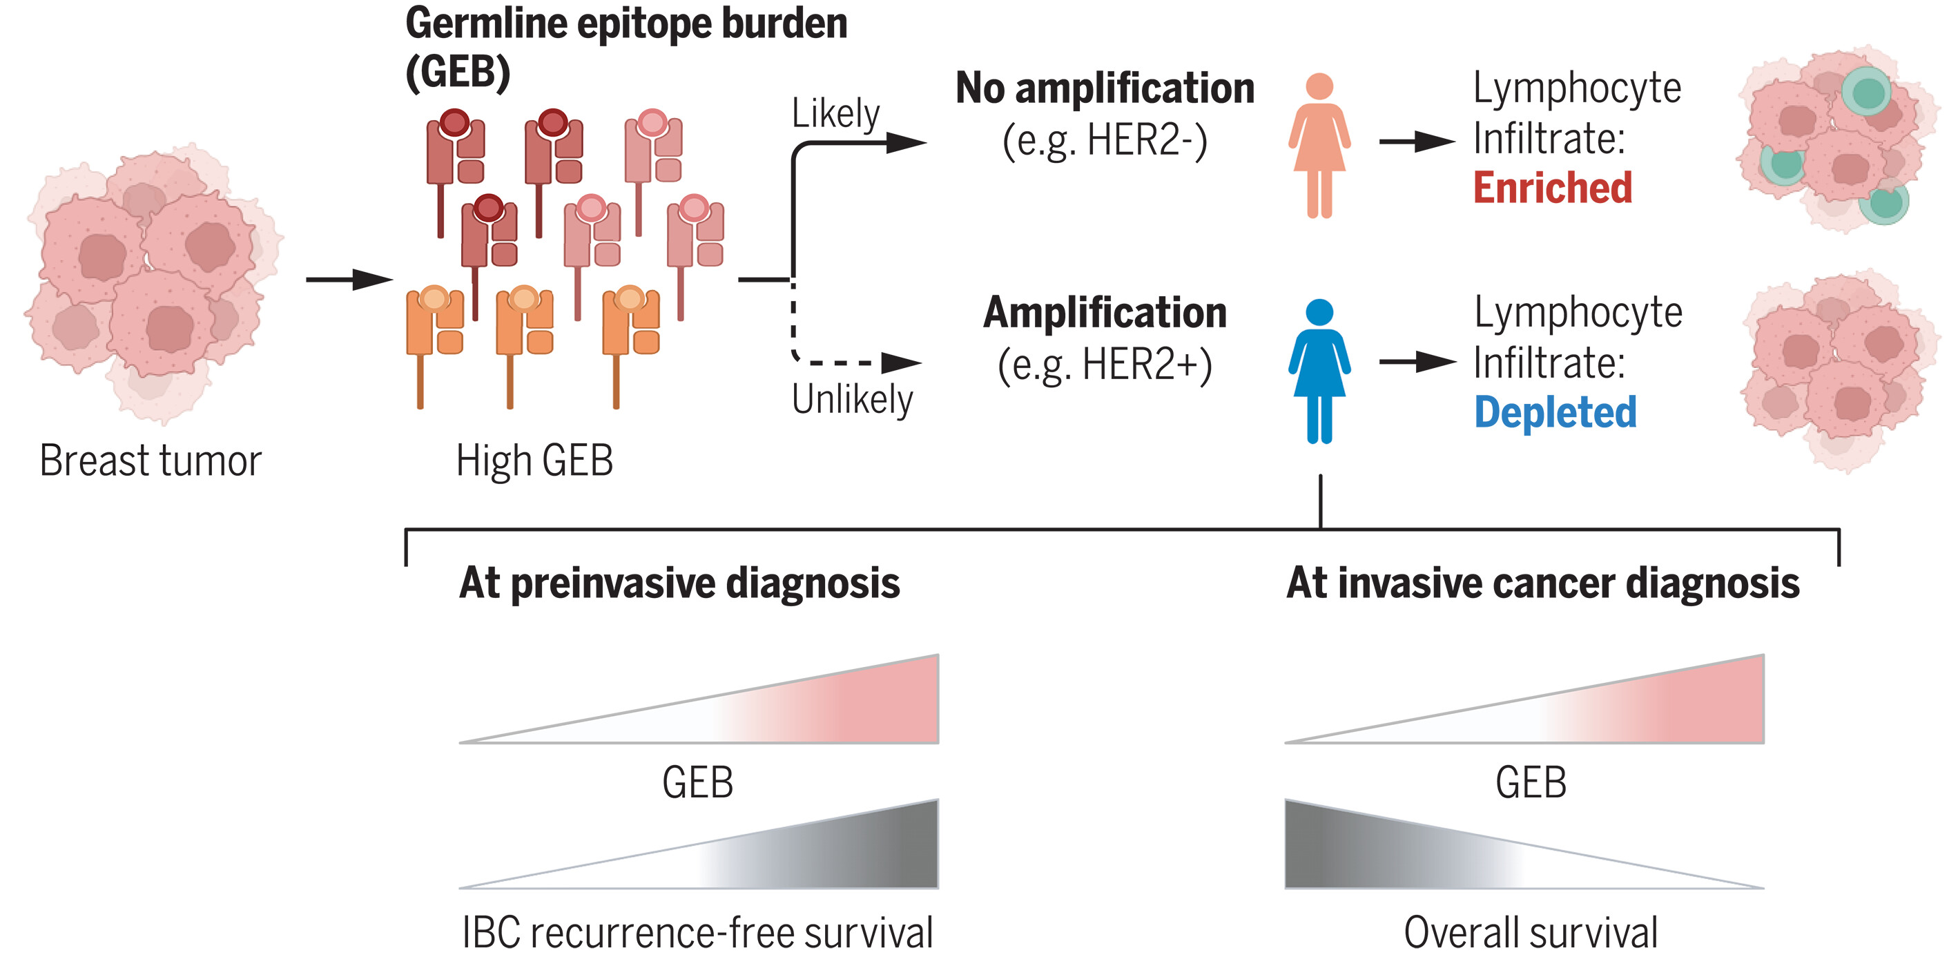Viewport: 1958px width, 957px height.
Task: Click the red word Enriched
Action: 1552,187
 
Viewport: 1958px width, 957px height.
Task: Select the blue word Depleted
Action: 1555,413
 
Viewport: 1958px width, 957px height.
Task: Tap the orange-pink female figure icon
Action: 1319,144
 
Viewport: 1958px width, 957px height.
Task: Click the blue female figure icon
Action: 1319,370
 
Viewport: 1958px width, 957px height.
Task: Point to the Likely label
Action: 835,114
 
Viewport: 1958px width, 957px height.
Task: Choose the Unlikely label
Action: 851,398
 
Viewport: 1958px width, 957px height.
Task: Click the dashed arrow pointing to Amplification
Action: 859,362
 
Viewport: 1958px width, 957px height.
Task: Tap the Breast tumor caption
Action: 151,461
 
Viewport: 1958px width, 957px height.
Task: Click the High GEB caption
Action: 534,461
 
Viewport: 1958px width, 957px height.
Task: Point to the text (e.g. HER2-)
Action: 1105,141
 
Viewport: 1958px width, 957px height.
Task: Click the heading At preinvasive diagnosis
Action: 679,583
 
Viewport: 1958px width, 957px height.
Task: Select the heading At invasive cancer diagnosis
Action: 1542,583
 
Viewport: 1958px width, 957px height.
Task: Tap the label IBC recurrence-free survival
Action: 698,932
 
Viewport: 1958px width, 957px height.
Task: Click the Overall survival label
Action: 1530,932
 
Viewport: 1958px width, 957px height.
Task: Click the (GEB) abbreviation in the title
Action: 458,72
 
